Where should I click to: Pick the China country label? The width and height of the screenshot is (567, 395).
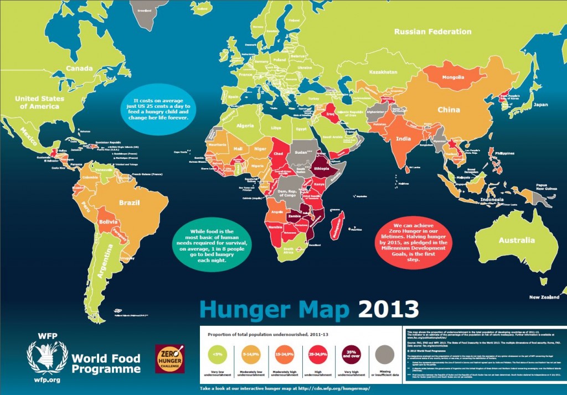pos(449,110)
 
